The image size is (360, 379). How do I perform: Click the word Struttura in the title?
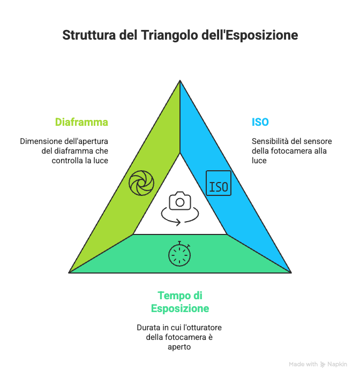click(89, 35)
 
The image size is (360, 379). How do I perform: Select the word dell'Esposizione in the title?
click(250, 35)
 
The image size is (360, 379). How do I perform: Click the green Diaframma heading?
click(81, 122)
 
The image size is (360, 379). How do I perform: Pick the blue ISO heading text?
click(260, 122)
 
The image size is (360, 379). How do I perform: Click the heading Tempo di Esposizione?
click(180, 302)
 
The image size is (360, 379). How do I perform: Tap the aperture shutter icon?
click(141, 183)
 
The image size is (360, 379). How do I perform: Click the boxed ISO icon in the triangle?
click(219, 183)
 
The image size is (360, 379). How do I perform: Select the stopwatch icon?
click(179, 254)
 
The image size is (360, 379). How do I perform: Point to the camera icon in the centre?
click(180, 201)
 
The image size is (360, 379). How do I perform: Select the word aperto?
click(179, 347)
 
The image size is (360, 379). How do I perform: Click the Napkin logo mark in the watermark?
click(322, 364)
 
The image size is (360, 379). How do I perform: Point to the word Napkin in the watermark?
click(337, 364)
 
